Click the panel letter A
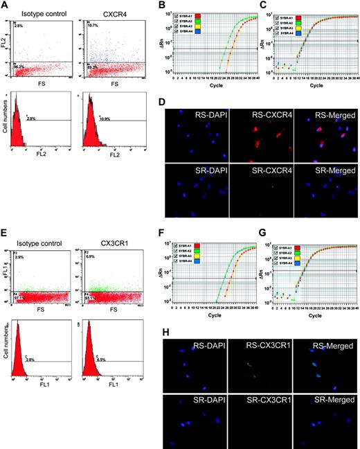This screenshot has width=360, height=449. pos(5,6)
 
